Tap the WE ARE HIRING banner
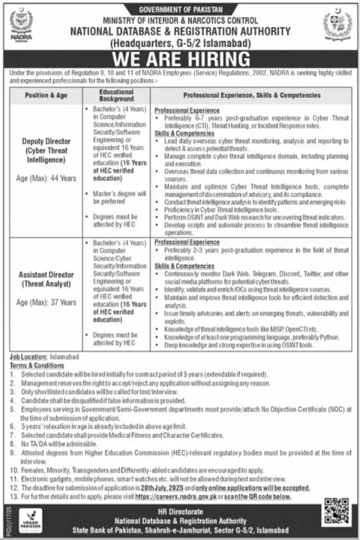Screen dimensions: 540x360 [x=180, y=59]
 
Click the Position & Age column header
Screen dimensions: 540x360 [x=46, y=96]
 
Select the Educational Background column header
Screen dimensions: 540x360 [x=117, y=96]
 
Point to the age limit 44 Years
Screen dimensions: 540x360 [x=46, y=178]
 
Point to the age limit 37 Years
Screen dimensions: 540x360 [x=46, y=302]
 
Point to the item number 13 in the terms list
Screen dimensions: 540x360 [x=13, y=497]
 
